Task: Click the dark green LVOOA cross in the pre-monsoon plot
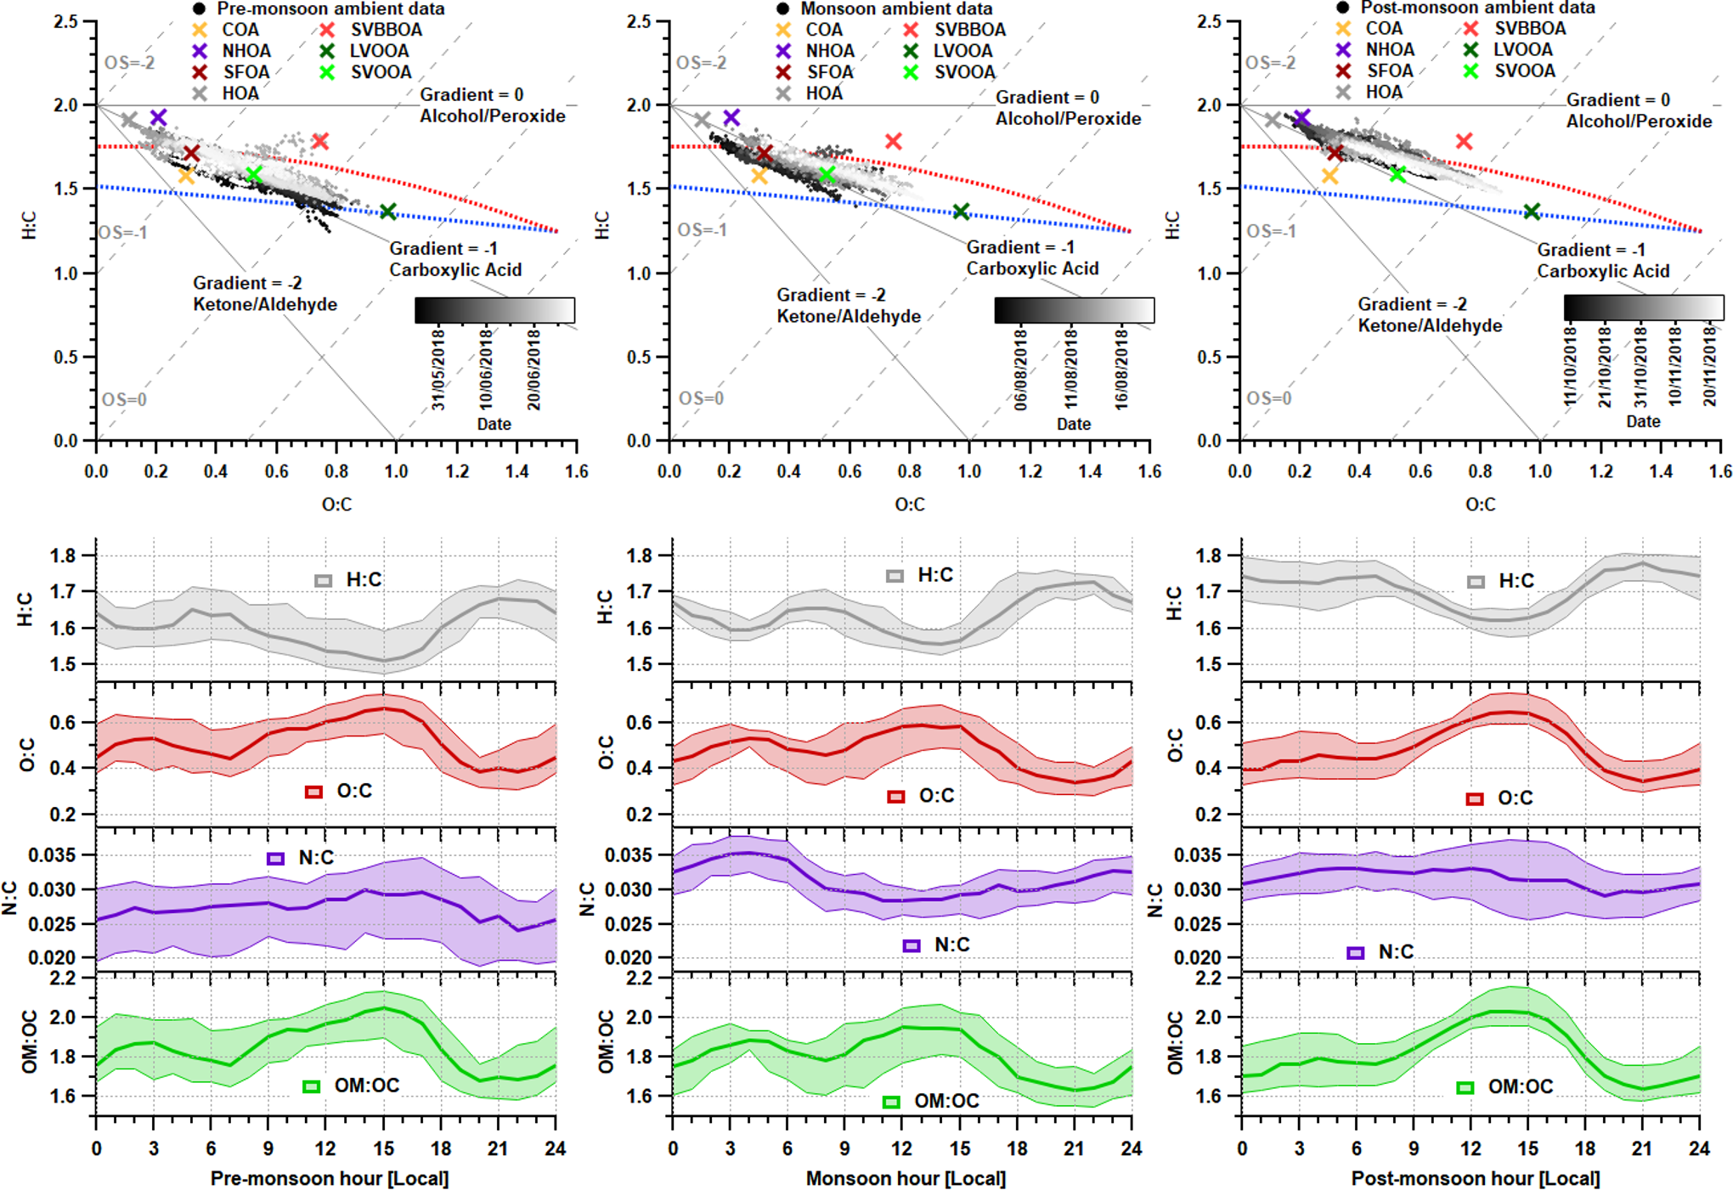[x=388, y=211]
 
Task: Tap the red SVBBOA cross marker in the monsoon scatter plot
[x=893, y=141]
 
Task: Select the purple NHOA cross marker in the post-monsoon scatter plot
[x=1301, y=117]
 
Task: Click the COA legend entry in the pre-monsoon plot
[x=240, y=30]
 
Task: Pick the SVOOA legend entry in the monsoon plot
[x=964, y=72]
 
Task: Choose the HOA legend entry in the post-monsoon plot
[x=1383, y=92]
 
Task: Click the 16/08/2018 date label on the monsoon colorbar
[x=1121, y=369]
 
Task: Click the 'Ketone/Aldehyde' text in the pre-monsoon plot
[x=265, y=305]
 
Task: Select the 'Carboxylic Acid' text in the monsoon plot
[x=1032, y=269]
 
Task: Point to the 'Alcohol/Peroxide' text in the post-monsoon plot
[x=1639, y=121]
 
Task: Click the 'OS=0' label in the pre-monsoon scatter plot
[x=124, y=400]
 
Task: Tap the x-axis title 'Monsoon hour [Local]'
[x=906, y=1179]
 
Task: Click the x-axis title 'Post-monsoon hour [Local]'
[x=1476, y=1179]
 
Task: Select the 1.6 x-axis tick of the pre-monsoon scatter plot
[x=577, y=471]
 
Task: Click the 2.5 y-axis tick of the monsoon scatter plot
[x=639, y=21]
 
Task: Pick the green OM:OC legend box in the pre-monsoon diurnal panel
[x=312, y=1086]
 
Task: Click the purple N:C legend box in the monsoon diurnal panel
[x=912, y=945]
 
